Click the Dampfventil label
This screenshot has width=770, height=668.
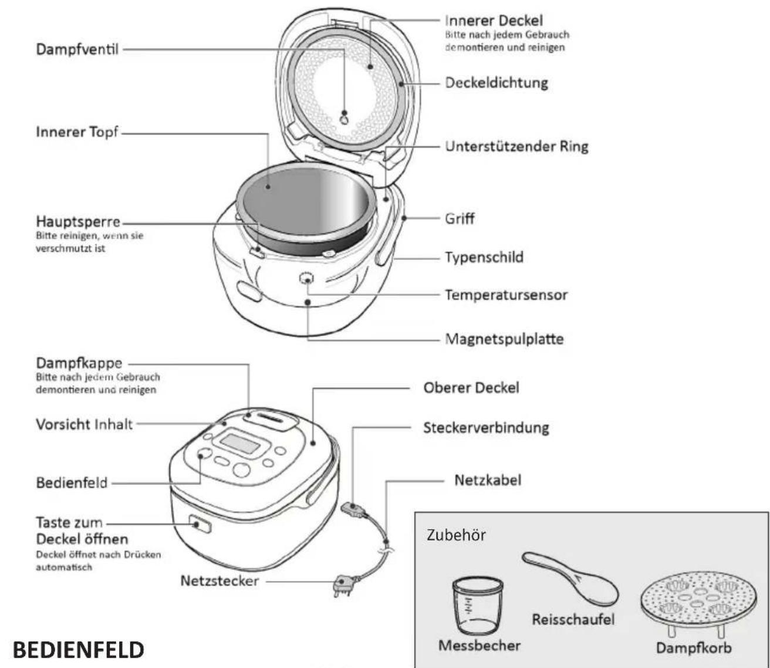pyautogui.click(x=77, y=49)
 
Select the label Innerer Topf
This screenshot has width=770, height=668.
pyautogui.click(x=77, y=132)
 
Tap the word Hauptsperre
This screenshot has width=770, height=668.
pyautogui.click(x=78, y=221)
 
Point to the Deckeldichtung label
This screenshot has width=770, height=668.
pyautogui.click(x=496, y=82)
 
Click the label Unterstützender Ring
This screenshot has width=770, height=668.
pyautogui.click(x=516, y=146)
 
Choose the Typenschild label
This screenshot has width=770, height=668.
pyautogui.click(x=484, y=257)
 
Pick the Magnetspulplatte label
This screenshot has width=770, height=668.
pyautogui.click(x=504, y=339)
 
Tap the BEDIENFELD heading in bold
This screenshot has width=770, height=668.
pyautogui.click(x=78, y=650)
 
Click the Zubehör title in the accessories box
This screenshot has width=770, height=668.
pyautogui.click(x=456, y=535)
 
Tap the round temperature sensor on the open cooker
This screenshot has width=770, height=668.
pyautogui.click(x=306, y=279)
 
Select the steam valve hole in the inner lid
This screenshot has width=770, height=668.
pyautogui.click(x=345, y=119)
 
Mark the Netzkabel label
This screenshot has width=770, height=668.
pyautogui.click(x=487, y=480)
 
